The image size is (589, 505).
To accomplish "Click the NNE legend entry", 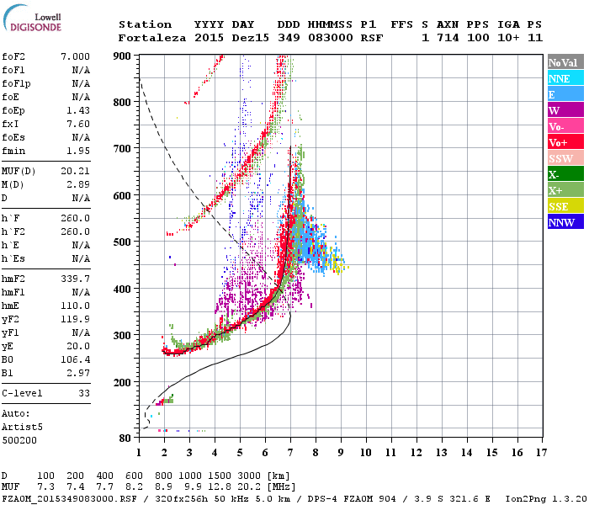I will [x=564, y=78].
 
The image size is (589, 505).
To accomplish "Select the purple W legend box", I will [x=564, y=110].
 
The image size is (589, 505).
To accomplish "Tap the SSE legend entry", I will [x=564, y=206].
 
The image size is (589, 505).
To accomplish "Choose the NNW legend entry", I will [x=564, y=222].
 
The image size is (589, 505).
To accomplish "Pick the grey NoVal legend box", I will [x=564, y=62].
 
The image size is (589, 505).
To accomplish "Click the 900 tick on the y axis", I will [x=124, y=56].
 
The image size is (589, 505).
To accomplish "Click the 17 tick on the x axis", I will [x=540, y=452].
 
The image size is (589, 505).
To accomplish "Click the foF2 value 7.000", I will [x=75, y=56].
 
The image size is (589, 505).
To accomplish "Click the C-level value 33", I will [x=84, y=392].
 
